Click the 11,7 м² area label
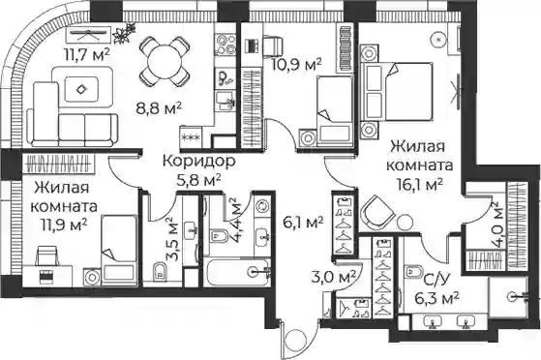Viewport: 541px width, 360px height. (87, 54)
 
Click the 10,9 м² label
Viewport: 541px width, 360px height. (296, 64)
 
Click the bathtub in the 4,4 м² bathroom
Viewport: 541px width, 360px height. (236, 272)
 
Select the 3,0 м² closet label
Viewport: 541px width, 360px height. (333, 278)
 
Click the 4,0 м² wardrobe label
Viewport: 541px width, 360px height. (496, 225)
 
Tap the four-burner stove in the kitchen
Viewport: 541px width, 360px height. (226, 45)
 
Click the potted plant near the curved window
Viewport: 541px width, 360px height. (124, 33)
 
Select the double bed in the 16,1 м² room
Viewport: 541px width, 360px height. (397, 92)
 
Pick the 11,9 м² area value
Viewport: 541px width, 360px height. (64, 225)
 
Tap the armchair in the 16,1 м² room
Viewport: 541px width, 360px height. (376, 212)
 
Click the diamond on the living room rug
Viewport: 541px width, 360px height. (81, 89)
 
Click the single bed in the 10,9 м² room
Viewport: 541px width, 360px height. (334, 109)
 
